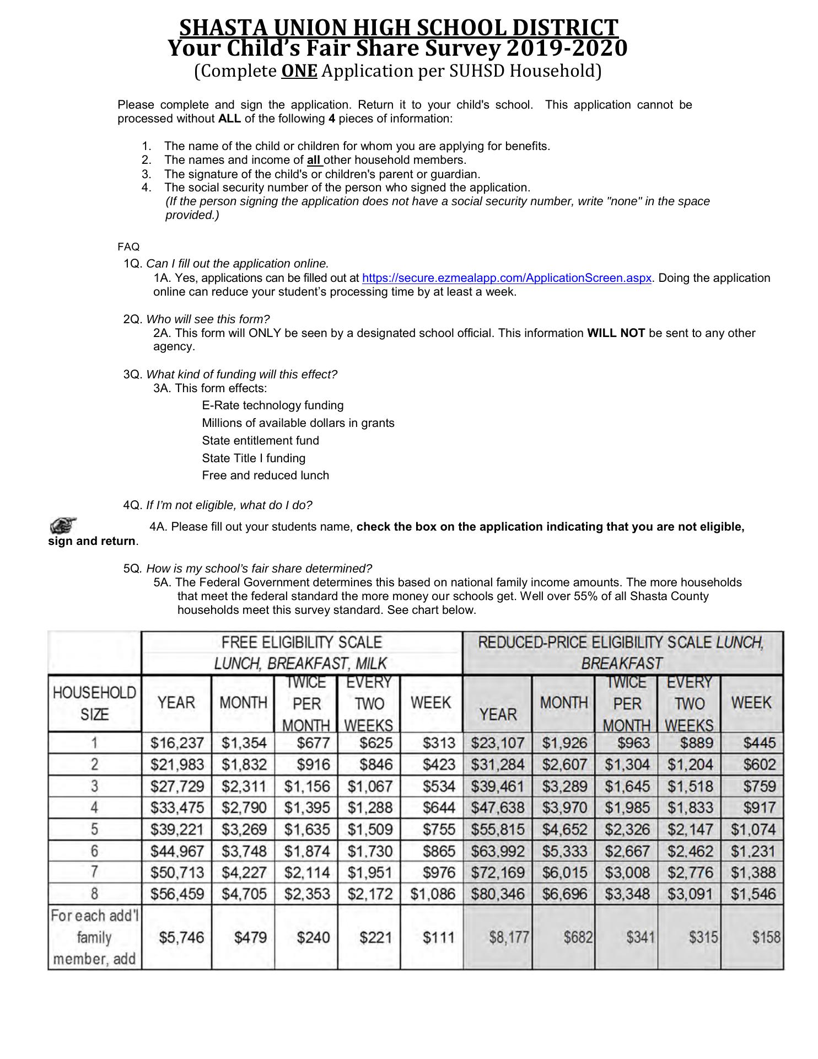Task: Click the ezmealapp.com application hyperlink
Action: tap(507, 278)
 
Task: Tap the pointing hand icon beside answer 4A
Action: tap(63, 525)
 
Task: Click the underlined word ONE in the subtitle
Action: tap(299, 71)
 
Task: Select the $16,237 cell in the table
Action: tap(177, 743)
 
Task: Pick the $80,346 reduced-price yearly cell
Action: tap(497, 894)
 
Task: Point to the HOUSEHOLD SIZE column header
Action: tap(94, 703)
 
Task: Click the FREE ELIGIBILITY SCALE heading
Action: tap(301, 643)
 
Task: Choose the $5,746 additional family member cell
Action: tap(181, 937)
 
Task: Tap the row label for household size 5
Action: tap(94, 829)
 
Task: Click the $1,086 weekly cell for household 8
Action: tap(432, 894)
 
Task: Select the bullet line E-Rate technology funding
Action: tap(272, 405)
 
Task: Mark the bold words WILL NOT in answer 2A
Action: tap(616, 333)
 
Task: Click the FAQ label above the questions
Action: tap(128, 247)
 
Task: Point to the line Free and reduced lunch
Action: tap(265, 475)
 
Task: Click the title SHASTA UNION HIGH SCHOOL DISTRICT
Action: tap(399, 28)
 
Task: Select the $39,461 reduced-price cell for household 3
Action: tap(497, 786)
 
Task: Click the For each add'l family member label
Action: tap(94, 937)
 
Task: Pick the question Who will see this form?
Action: tap(208, 319)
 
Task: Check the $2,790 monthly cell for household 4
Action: tap(244, 807)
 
